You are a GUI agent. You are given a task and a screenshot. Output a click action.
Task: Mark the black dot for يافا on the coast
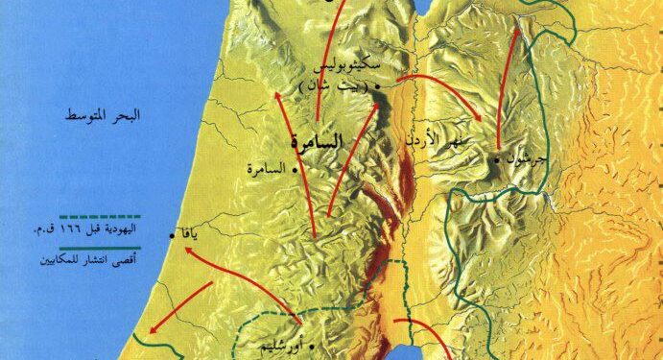tap(172, 235)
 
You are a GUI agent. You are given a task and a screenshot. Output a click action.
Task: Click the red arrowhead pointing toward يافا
tap(185, 252)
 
